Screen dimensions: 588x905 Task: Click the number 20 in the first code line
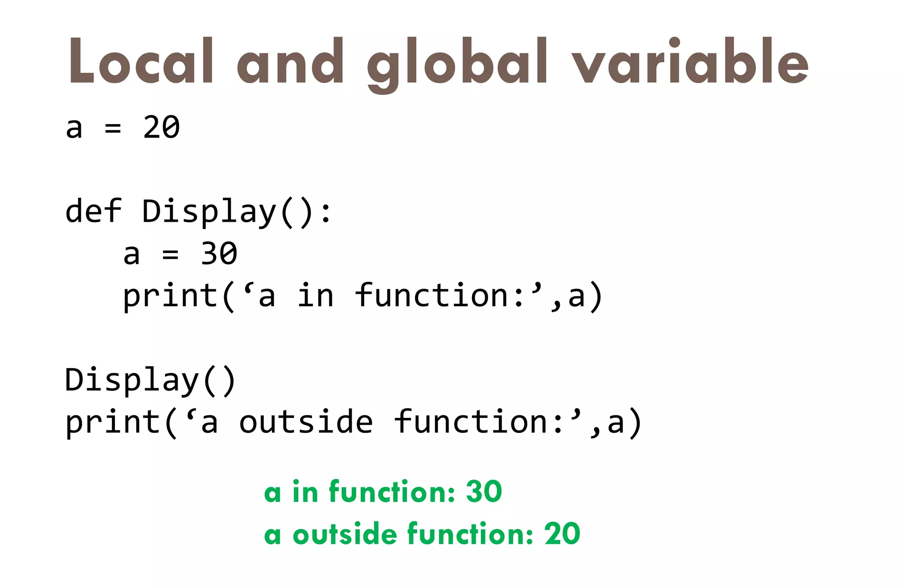pyautogui.click(x=161, y=127)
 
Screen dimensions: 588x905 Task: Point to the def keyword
pyautogui.click(x=93, y=211)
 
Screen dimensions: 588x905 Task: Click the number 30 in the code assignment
pyautogui.click(x=219, y=254)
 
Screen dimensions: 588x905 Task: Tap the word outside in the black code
pyautogui.click(x=306, y=421)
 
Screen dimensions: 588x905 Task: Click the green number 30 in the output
pyautogui.click(x=484, y=491)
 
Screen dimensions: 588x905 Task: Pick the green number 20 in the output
pyautogui.click(x=562, y=534)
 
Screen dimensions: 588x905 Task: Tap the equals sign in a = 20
pyautogui.click(x=113, y=128)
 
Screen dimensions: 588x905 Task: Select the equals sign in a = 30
pyautogui.click(x=171, y=254)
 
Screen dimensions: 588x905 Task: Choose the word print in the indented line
pyautogui.click(x=171, y=296)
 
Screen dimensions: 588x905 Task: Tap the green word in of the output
pyautogui.click(x=305, y=491)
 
